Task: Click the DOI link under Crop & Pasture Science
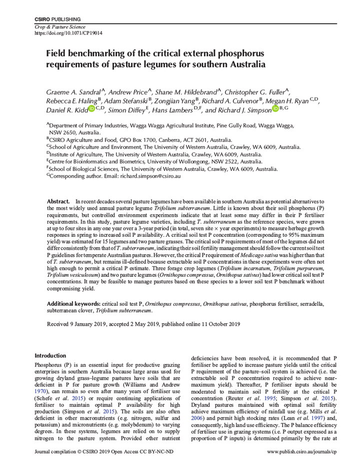(x=68, y=33)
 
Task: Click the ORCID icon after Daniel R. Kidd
(x=91, y=109)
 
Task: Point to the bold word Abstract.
(x=58, y=201)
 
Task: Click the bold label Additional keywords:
(x=73, y=303)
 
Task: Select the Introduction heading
(x=50, y=356)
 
